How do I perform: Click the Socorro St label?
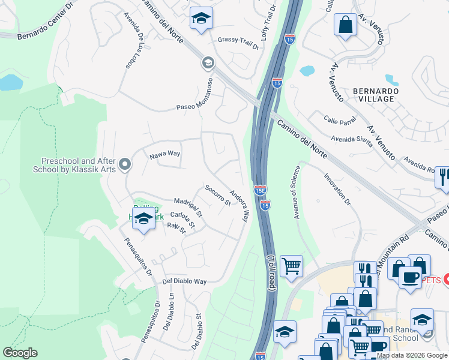[x=218, y=195]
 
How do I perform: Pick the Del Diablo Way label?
[x=184, y=281]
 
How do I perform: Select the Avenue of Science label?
[x=296, y=192]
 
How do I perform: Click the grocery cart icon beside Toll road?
[x=291, y=265]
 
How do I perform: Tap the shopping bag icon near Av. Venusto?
[x=345, y=25]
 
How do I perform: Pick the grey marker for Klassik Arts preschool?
[x=125, y=164]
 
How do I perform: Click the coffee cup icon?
[x=411, y=278]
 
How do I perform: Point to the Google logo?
[x=20, y=353]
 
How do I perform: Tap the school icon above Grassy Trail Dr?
[x=201, y=18]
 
